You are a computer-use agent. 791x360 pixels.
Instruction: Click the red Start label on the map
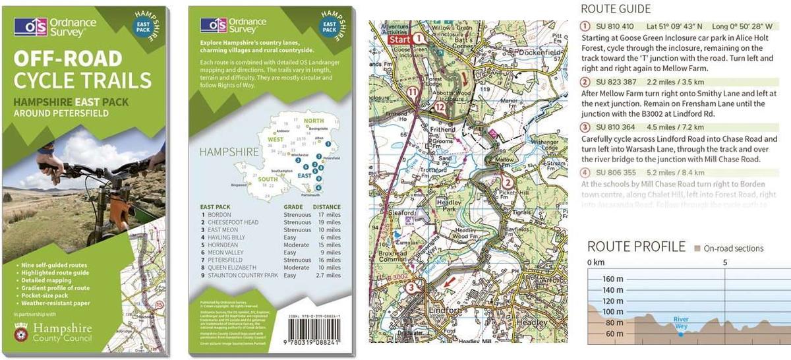[400, 40]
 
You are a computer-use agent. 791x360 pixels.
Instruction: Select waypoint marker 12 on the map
[440, 107]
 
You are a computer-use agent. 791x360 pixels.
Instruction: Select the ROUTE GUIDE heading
[615, 9]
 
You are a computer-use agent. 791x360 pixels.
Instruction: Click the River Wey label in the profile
[681, 322]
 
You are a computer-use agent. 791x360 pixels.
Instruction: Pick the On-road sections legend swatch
[697, 249]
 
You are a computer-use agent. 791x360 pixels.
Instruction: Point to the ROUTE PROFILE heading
[636, 247]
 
